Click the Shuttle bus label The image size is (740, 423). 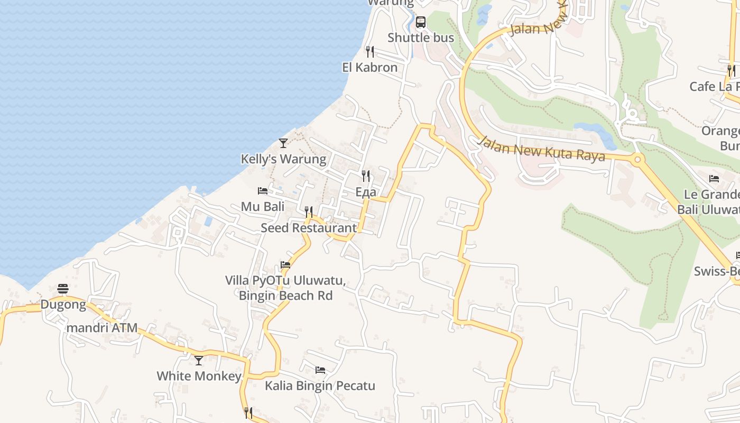(421, 38)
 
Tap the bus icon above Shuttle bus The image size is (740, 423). (421, 22)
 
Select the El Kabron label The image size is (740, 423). (370, 68)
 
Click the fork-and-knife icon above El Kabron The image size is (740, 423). (370, 52)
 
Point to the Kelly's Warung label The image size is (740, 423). (283, 159)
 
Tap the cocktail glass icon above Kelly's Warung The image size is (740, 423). (283, 143)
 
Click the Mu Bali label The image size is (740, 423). (263, 207)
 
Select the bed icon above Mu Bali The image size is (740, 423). (263, 191)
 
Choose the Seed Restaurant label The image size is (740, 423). (309, 228)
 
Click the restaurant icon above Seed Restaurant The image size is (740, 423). (309, 212)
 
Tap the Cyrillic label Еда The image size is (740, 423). (366, 192)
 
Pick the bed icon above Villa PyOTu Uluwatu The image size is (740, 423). (285, 265)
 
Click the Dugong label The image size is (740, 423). (63, 305)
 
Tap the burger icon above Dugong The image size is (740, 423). (63, 289)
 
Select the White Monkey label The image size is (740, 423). (199, 376)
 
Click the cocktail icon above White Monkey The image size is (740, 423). (199, 361)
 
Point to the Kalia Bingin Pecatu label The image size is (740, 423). (320, 386)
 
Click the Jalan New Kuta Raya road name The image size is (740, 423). (542, 149)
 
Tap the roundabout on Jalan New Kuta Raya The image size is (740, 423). (637, 159)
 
